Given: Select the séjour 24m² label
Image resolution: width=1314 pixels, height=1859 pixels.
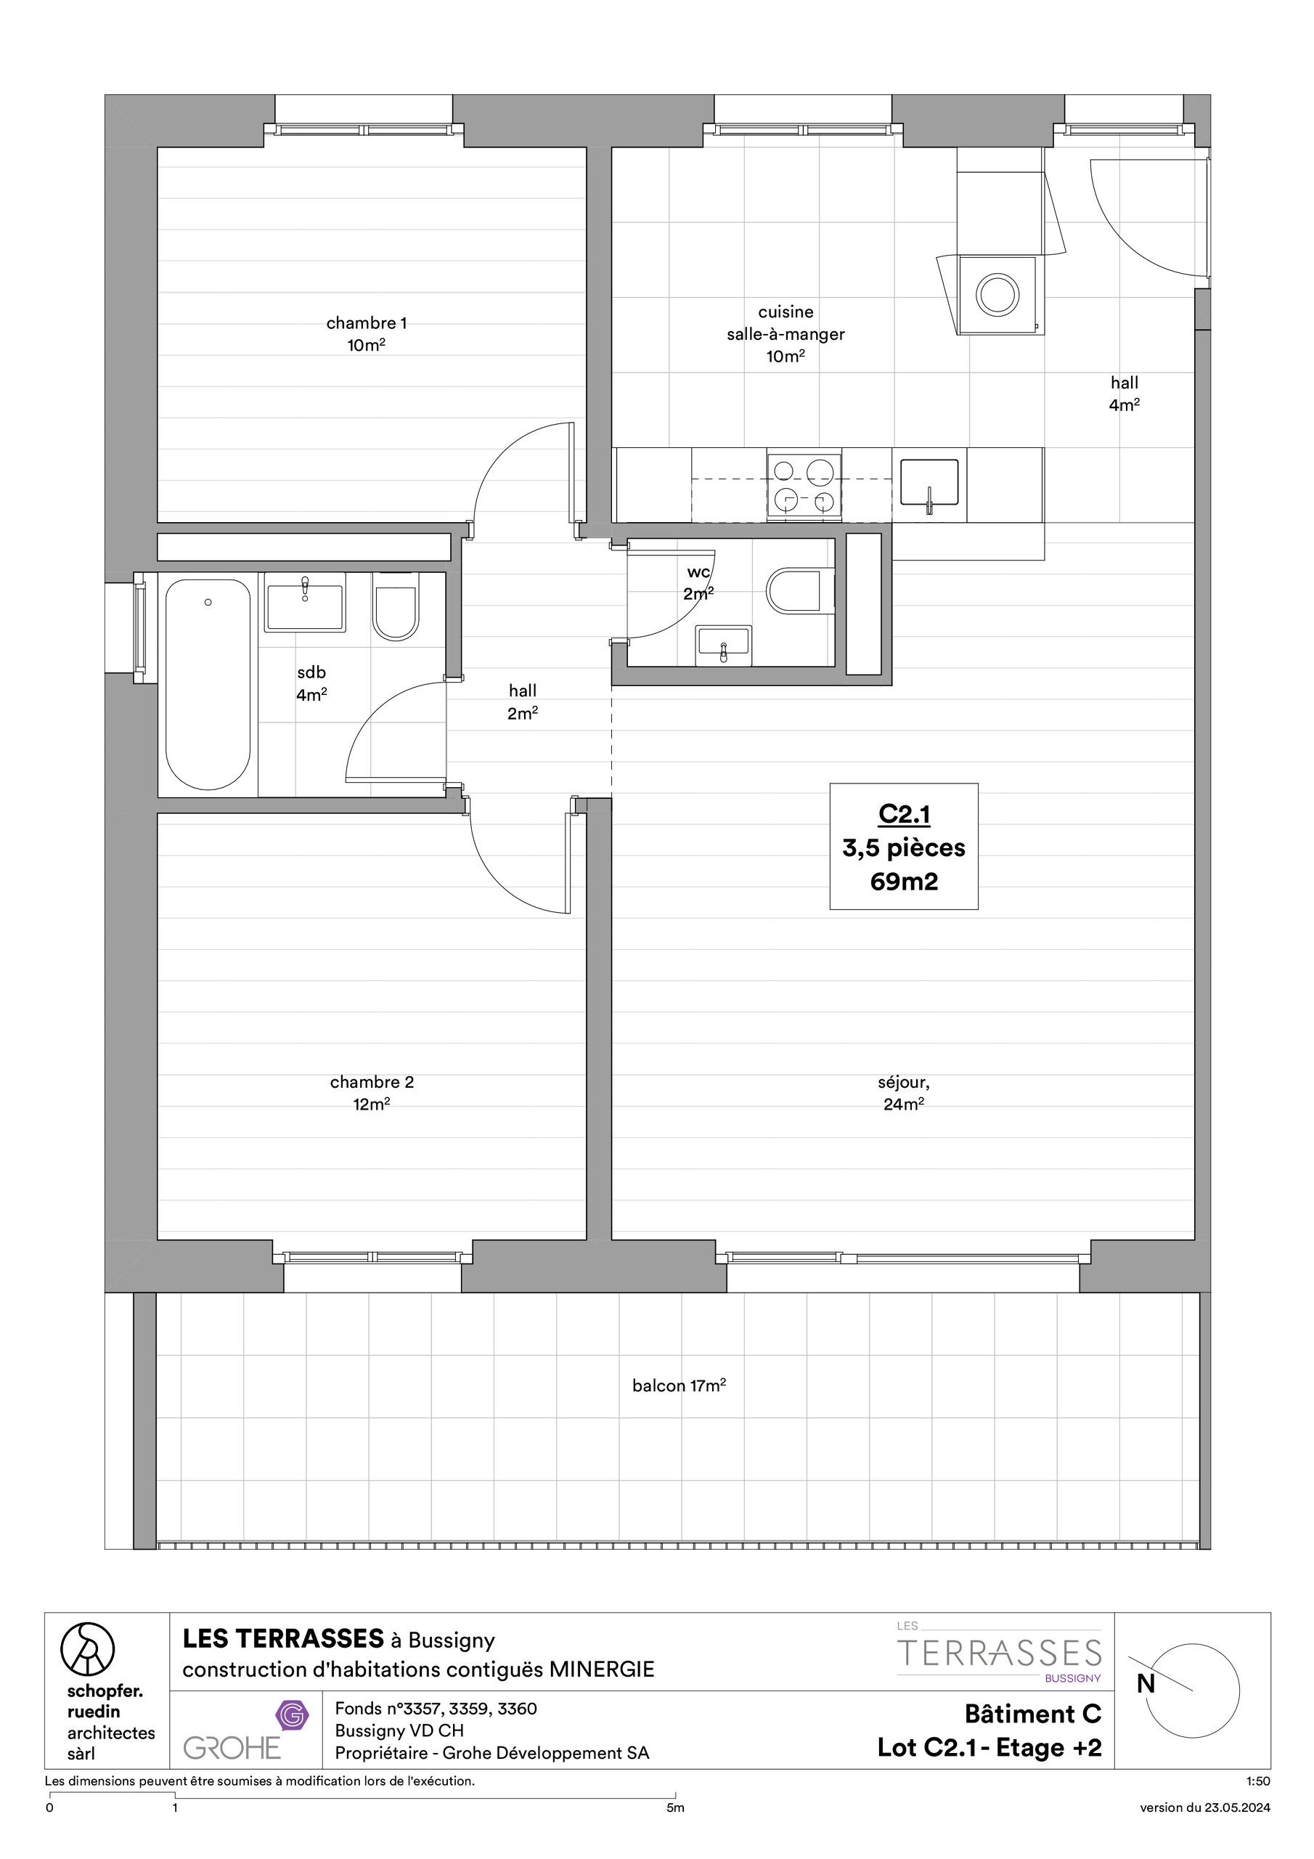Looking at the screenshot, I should [904, 1093].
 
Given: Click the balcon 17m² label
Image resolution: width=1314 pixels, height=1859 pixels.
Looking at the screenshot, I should [679, 1386].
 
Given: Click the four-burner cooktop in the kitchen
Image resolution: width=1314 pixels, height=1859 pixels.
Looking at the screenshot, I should [804, 485].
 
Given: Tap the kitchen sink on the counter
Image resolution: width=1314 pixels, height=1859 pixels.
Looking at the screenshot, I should [929, 483].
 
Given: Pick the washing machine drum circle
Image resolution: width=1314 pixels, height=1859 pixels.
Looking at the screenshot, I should [997, 294].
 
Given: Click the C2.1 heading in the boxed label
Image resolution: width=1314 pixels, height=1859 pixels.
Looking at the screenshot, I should [904, 814].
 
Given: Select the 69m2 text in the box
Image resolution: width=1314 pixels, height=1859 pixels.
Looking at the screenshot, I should [904, 881].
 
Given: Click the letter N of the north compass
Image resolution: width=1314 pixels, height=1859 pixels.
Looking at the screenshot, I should [1145, 1683].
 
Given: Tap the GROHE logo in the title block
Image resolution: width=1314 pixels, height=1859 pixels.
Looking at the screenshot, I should [232, 1747].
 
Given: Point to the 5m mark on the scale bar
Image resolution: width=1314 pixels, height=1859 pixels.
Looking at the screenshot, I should [675, 1807].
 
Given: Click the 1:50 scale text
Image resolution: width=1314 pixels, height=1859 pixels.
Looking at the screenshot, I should [1258, 1781].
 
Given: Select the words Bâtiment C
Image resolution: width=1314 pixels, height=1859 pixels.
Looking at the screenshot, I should [1032, 1713].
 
